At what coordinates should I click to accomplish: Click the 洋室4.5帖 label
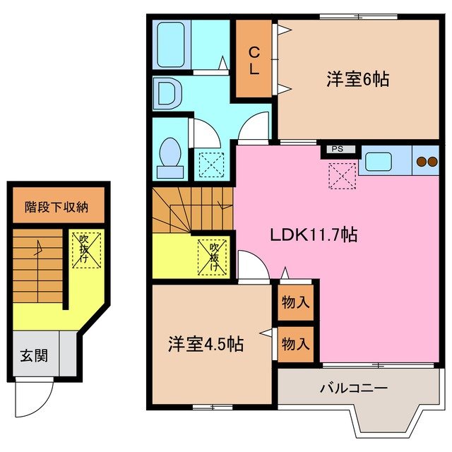coord(206,345)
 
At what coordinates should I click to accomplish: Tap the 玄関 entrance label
coord(33,355)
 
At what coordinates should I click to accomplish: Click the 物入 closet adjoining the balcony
coord(295,344)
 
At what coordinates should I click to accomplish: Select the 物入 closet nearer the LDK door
coord(295,303)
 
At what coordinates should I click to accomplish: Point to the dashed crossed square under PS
coord(342,174)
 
